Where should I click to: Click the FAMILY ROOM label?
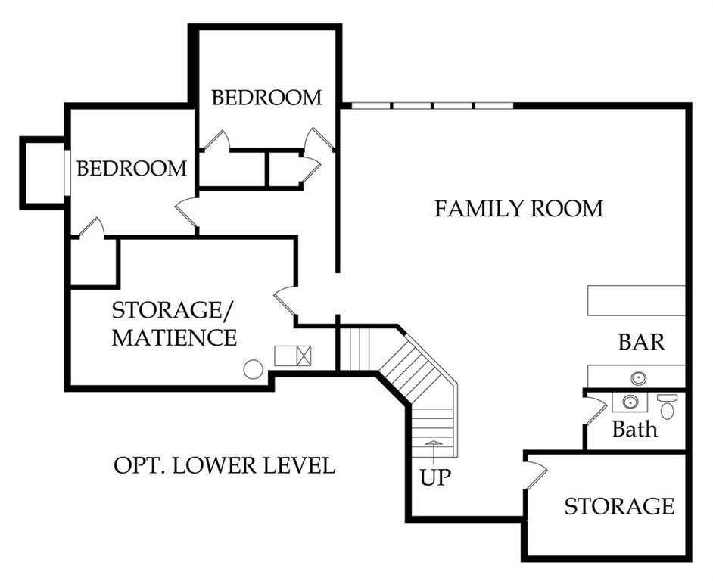518,209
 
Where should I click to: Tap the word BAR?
641,343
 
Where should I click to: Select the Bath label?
635,429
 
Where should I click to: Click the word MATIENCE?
174,337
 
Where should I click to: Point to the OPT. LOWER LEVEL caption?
224,465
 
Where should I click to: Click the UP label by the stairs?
435,477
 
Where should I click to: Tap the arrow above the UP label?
434,452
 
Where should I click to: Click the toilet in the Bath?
667,407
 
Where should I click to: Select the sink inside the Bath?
630,402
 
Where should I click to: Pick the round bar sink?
638,377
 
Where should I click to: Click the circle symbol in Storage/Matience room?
253,369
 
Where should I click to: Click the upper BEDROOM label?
266,98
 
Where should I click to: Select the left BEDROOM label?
132,168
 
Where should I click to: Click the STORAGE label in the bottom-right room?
619,506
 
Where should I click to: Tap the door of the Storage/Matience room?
285,300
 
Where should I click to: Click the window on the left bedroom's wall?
67,172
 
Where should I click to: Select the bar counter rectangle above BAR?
636,300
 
